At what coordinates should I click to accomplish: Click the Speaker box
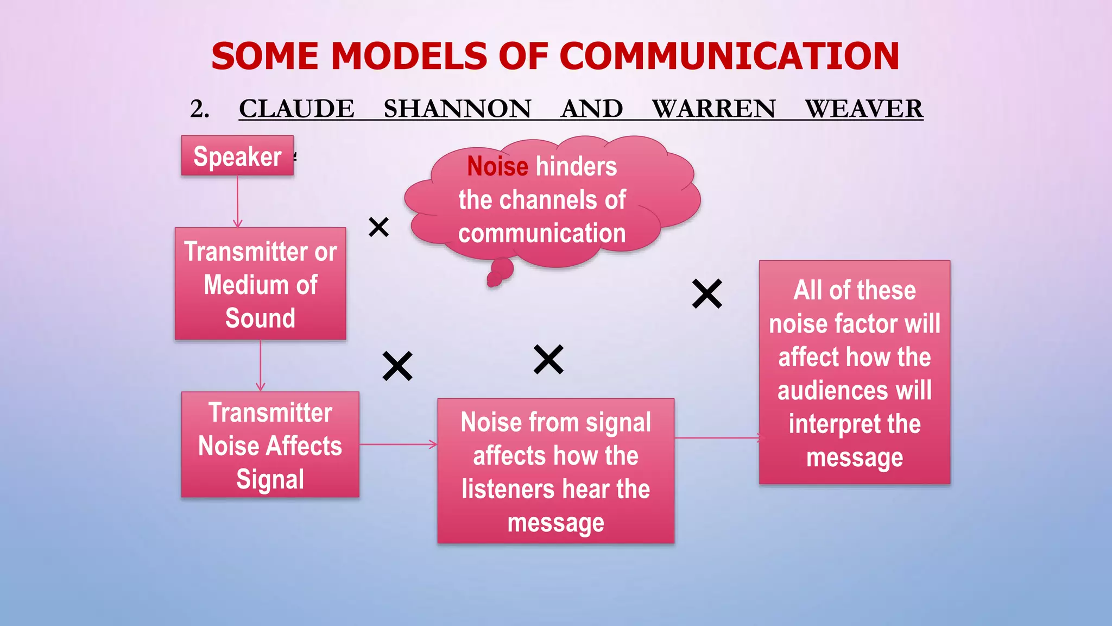click(x=237, y=156)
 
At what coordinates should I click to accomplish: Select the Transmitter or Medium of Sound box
click(x=260, y=284)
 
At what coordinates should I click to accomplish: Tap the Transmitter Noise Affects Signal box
click(x=270, y=445)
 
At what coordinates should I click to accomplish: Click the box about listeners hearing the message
click(x=555, y=471)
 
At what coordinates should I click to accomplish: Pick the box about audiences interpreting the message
click(x=854, y=372)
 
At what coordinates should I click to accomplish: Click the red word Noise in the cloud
click(x=497, y=166)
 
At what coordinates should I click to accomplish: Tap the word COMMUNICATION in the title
click(x=729, y=57)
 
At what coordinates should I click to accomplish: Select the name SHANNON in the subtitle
click(x=457, y=109)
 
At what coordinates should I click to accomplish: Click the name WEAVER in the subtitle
click(x=863, y=109)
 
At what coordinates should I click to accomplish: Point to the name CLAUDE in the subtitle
click(x=296, y=109)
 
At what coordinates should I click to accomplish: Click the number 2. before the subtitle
click(x=200, y=109)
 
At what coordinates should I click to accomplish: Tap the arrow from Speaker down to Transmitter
click(x=237, y=202)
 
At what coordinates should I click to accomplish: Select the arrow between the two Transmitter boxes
click(x=261, y=366)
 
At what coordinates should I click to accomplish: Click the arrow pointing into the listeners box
click(x=399, y=445)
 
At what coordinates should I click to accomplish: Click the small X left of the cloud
click(x=378, y=227)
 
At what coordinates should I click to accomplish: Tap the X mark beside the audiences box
click(x=707, y=294)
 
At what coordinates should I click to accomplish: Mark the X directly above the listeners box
click(x=548, y=360)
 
